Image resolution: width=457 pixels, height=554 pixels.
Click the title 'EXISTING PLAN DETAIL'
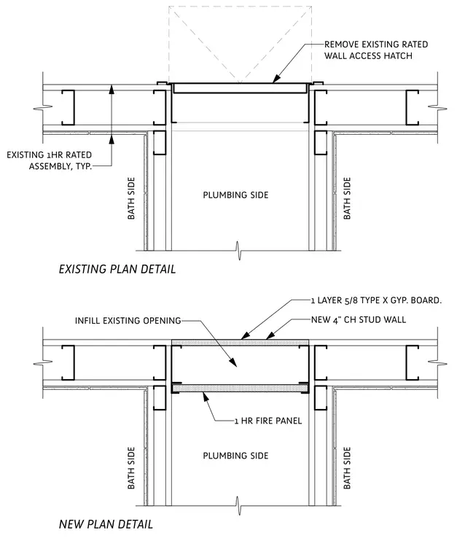pos(117,269)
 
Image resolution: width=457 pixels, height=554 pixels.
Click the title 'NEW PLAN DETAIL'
pos(106,524)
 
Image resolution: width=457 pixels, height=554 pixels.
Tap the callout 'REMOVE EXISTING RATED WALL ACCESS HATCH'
pos(376,50)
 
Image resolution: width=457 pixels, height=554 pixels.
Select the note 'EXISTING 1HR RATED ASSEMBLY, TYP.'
pos(49,160)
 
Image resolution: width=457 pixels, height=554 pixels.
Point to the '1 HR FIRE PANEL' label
pos(268,421)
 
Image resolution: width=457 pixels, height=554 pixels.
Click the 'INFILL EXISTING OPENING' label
pos(128,321)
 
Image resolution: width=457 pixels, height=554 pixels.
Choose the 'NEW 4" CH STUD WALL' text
pos(358,320)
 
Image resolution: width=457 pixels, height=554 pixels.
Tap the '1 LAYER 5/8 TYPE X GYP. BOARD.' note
pos(376,300)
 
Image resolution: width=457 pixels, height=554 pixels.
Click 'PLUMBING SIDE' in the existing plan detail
pos(235,195)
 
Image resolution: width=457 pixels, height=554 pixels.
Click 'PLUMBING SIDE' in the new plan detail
pos(235,456)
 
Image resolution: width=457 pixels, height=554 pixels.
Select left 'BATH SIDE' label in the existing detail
pos(131,198)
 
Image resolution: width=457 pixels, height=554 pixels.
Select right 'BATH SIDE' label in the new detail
pos(347,468)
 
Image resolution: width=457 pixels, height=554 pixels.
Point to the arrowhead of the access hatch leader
pos(276,79)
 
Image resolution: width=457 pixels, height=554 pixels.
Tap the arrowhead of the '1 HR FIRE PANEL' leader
pos(206,397)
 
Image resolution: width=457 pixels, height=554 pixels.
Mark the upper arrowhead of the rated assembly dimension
pos(112,88)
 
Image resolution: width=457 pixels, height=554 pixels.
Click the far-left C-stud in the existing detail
pos(69,107)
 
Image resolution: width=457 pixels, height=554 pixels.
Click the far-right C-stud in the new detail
pos(412,362)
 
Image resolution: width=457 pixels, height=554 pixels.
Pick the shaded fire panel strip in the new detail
pos(240,389)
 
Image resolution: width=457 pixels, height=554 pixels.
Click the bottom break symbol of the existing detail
pos(239,251)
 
